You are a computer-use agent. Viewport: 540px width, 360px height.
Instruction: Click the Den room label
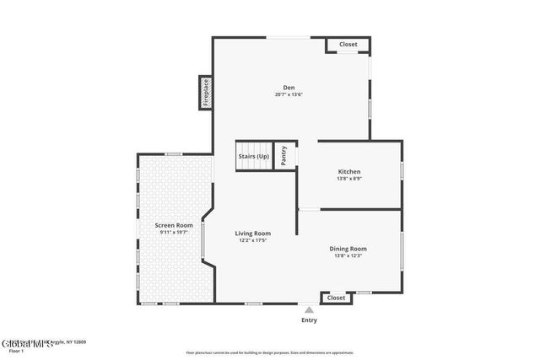(x=289, y=87)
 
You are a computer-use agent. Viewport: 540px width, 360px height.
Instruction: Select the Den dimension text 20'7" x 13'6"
(x=289, y=94)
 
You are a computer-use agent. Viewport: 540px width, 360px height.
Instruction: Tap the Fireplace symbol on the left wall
(x=204, y=93)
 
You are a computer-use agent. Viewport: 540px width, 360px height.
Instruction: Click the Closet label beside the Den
(x=348, y=44)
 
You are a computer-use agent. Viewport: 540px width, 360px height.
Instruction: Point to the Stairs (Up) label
(x=254, y=156)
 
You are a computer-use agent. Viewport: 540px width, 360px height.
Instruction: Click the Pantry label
(x=284, y=156)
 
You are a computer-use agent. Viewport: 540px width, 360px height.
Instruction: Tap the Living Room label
(x=252, y=233)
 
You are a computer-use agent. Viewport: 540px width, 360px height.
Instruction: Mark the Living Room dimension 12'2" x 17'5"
(x=252, y=240)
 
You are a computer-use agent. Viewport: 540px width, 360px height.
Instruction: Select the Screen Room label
(x=174, y=225)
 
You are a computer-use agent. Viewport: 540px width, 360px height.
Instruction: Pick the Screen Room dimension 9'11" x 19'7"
(x=174, y=233)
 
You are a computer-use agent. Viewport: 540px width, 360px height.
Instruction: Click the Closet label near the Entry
(x=336, y=298)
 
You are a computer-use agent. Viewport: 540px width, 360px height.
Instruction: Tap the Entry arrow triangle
(x=309, y=310)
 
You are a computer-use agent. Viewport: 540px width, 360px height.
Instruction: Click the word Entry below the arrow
(x=309, y=320)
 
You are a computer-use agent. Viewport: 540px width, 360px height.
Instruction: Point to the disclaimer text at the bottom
(x=269, y=353)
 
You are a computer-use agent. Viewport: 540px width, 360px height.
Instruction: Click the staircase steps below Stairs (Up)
(x=254, y=166)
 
